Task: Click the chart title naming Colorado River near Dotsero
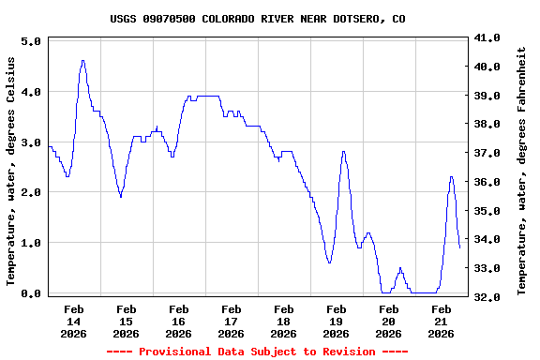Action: [258, 19]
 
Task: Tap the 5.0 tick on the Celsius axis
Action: [30, 42]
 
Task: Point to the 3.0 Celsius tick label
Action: [30, 142]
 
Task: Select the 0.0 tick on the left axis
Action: [30, 293]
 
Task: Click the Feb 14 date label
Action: [73, 321]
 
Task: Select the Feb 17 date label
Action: [231, 321]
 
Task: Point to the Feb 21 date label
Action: [441, 321]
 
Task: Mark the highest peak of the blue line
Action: [82, 61]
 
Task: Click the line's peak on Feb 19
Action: [343, 152]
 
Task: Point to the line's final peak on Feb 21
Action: [451, 176]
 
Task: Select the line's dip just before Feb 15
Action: [121, 196]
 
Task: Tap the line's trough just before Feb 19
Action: [329, 262]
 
